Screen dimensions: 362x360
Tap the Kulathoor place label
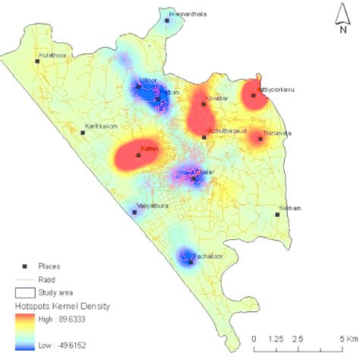(52, 55)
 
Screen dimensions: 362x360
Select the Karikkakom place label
(101, 126)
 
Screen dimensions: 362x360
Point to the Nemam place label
(290, 208)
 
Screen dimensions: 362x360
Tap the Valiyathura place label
(152, 206)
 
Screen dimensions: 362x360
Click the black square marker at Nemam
(277, 214)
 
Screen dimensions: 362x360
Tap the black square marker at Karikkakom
(83, 132)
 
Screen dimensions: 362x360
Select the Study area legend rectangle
(26, 292)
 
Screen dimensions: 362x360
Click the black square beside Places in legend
(25, 266)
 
